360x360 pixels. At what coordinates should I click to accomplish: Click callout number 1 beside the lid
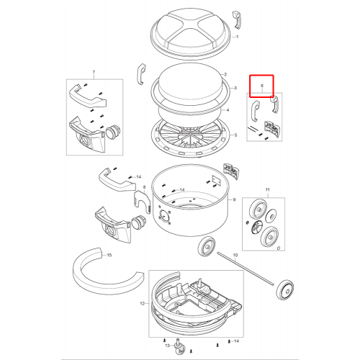tap(237, 37)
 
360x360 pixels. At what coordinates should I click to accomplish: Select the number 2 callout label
tap(225, 75)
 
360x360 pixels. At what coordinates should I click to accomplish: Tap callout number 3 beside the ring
tap(235, 88)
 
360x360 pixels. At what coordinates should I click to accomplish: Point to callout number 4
tap(228, 110)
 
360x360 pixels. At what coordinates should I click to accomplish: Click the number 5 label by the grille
tap(235, 135)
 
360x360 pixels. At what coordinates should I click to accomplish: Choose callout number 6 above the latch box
tap(262, 86)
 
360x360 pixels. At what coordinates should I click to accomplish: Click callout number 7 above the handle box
tap(94, 72)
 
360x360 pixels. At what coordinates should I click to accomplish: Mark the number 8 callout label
tap(144, 187)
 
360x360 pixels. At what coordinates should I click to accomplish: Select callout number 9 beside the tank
tap(234, 199)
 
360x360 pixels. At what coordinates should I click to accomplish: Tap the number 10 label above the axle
tap(235, 255)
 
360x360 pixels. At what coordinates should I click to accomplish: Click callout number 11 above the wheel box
tap(268, 190)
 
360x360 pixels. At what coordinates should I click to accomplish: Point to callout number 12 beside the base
tap(143, 304)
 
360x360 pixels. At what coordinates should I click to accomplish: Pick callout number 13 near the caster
tap(167, 346)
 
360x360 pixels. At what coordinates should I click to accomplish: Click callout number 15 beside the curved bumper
tap(109, 255)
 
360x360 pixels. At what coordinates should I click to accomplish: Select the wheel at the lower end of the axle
tap(285, 289)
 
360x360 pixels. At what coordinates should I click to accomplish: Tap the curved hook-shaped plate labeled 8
tap(142, 202)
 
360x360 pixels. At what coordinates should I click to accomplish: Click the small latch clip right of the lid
tap(237, 20)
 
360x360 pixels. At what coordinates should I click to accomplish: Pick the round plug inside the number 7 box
tap(111, 132)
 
